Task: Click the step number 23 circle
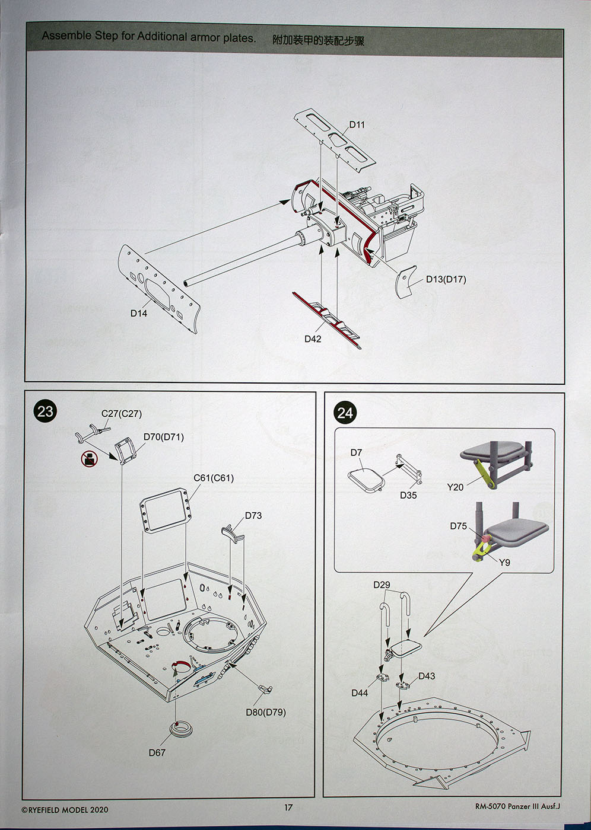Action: [x=45, y=411]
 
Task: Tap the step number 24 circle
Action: [x=345, y=413]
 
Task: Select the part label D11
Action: [x=357, y=124]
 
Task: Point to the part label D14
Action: [x=139, y=313]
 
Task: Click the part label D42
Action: [x=313, y=339]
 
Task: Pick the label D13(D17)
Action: [x=446, y=279]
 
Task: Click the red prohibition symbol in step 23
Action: [x=89, y=458]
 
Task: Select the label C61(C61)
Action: [x=214, y=478]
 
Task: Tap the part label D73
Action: [x=253, y=515]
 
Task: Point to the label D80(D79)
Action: [x=266, y=712]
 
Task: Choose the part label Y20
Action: [x=455, y=487]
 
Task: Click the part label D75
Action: [x=458, y=526]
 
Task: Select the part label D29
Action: [x=382, y=585]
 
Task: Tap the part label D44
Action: [x=360, y=692]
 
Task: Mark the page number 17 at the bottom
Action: [x=288, y=807]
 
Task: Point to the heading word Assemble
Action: [x=66, y=36]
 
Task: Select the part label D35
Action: [x=408, y=495]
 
